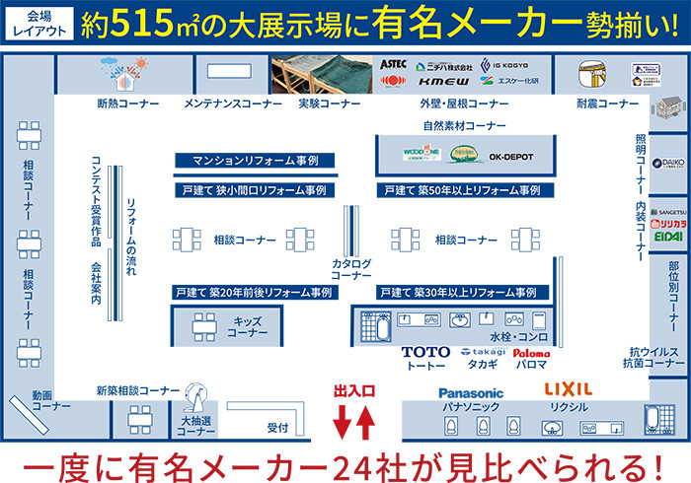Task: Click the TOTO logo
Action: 425,352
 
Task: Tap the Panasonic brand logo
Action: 471,393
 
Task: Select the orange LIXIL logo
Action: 569,390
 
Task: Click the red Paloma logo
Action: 531,353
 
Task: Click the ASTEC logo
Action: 393,63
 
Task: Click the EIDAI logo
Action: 667,237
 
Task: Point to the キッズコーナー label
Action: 247,327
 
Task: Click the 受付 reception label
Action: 277,428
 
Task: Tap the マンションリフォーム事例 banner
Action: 255,160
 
